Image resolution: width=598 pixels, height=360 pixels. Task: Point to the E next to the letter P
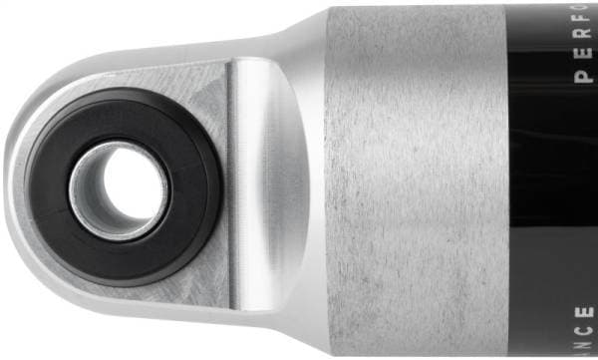point(584,58)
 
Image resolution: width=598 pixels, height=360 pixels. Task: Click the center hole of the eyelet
point(118,187)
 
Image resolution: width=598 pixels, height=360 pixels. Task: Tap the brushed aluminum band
point(419,180)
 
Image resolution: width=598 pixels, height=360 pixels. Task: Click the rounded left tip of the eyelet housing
point(14,189)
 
